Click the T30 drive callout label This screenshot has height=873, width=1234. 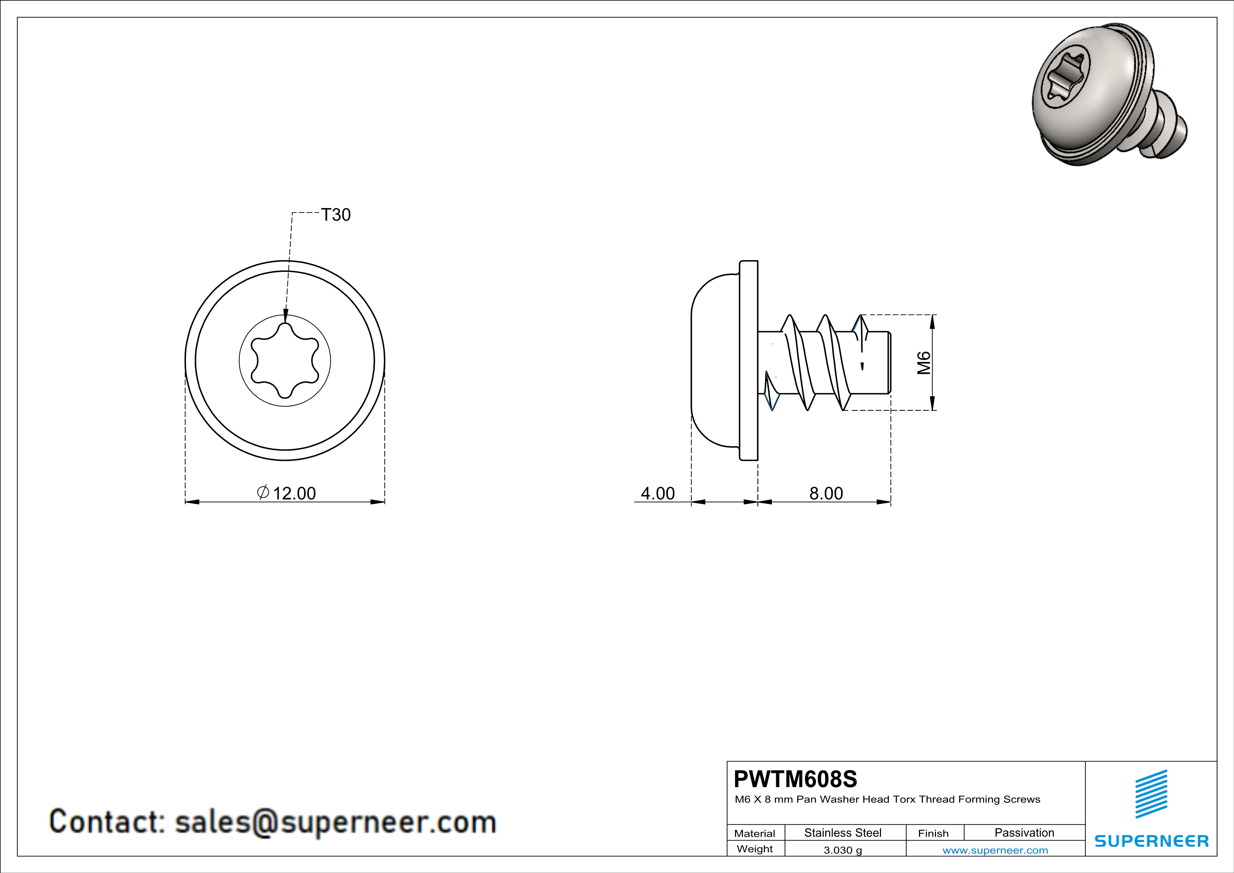pos(336,215)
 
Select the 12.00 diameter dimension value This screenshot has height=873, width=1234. pos(295,494)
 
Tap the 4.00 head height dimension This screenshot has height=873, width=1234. pos(658,494)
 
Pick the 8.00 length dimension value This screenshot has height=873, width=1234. pos(826,494)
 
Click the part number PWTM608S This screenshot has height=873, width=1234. pos(796,779)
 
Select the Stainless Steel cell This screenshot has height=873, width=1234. pos(843,833)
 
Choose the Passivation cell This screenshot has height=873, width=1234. pos(1024,833)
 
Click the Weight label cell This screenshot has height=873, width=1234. pos(755,849)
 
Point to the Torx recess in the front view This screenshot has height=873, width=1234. pos(285,360)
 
